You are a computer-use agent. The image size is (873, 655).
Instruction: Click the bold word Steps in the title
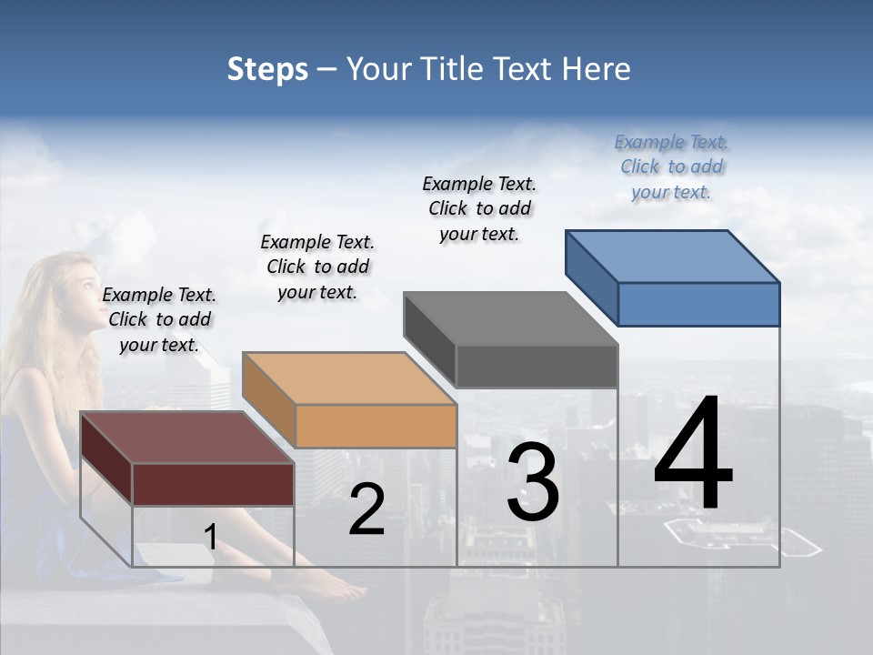tap(267, 69)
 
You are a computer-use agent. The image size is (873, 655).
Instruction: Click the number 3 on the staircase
tap(533, 483)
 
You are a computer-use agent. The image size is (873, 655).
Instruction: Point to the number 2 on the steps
tap(366, 509)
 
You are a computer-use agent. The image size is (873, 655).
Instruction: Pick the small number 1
tap(210, 537)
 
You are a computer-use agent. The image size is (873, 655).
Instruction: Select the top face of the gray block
tap(510, 318)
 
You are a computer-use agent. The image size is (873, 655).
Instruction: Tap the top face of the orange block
tap(349, 378)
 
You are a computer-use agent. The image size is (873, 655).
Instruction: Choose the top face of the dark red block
tap(187, 438)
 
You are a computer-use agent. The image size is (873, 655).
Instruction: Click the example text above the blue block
tap(671, 166)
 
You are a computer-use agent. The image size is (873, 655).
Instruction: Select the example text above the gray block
tap(479, 208)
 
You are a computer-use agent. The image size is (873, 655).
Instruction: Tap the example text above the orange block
tap(317, 267)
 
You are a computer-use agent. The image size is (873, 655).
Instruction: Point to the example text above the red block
tap(159, 319)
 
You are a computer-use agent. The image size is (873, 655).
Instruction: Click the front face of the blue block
tap(698, 304)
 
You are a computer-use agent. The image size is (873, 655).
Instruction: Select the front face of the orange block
tap(376, 426)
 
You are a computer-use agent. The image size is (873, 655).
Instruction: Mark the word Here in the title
tap(597, 69)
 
